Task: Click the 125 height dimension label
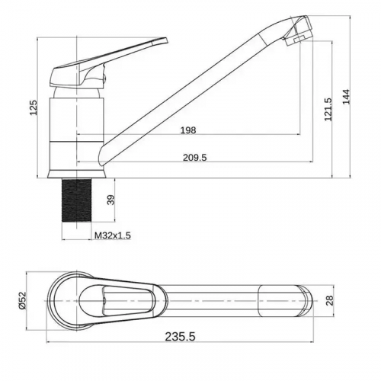34,107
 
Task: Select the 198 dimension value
188,130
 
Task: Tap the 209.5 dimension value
195,158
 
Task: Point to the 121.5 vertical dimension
328,109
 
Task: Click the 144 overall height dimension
346,97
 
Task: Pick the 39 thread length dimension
111,200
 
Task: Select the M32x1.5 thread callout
113,235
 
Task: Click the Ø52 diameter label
22,300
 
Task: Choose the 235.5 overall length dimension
181,337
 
